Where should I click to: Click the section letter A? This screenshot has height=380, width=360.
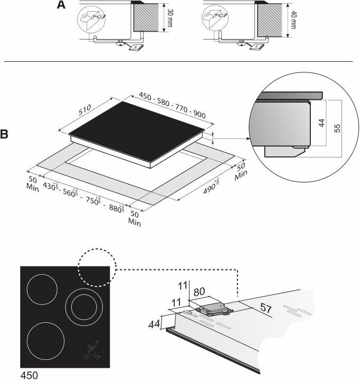pos(61,6)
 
